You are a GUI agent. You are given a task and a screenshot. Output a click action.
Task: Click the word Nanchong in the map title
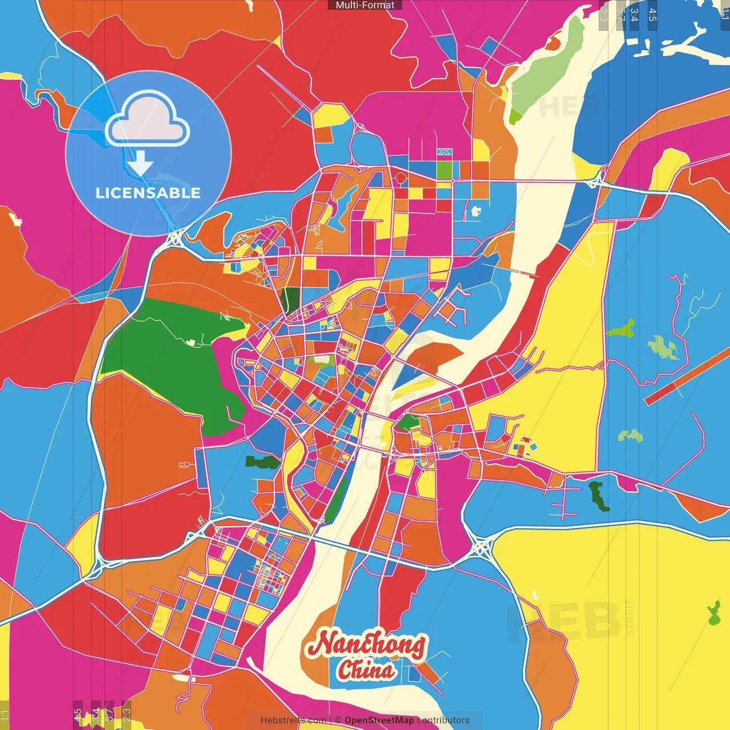click(x=366, y=644)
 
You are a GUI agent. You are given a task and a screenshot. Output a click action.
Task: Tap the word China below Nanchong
click(x=366, y=670)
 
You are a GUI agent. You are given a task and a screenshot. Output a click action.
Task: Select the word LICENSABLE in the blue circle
click(x=148, y=193)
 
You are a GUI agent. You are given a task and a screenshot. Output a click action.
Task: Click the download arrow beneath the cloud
click(x=140, y=164)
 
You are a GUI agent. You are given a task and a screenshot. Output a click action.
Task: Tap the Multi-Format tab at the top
click(x=365, y=5)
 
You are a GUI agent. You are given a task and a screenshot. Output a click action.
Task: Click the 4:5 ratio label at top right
click(x=652, y=15)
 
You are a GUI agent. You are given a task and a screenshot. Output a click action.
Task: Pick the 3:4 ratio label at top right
click(x=634, y=15)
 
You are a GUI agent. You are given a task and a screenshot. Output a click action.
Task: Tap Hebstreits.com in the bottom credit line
click(x=293, y=720)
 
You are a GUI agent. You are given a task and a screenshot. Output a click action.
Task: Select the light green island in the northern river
click(x=545, y=80)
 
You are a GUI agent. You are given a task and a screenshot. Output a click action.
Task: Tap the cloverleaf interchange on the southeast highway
click(x=481, y=548)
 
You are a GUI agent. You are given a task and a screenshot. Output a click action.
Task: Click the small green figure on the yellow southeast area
click(x=713, y=613)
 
